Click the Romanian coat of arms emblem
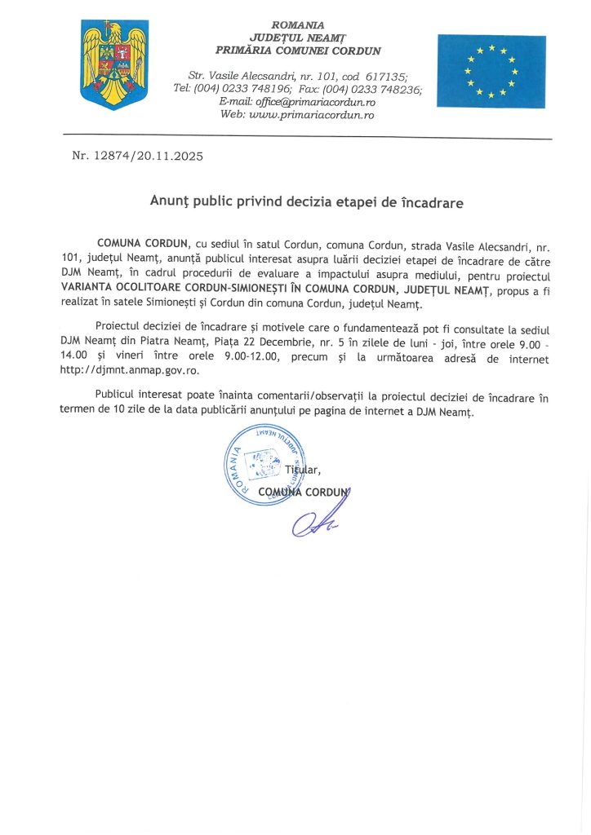click(x=114, y=65)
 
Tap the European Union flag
click(x=491, y=71)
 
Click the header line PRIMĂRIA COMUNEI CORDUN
click(x=298, y=51)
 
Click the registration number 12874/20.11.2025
click(x=150, y=155)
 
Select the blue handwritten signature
click(x=315, y=519)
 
